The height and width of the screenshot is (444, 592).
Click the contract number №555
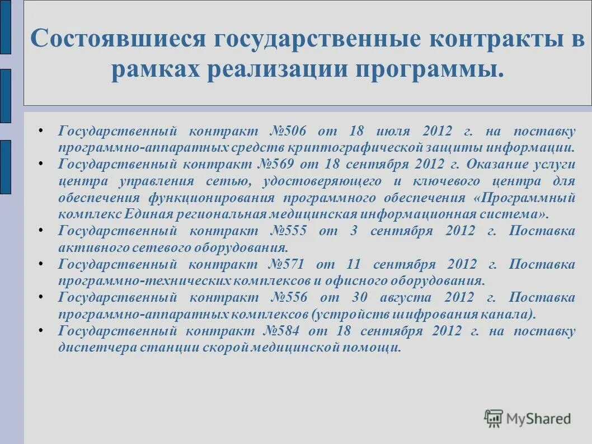coord(289,231)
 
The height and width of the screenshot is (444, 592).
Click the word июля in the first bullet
coord(393,132)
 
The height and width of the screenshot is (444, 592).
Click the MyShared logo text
coord(538,418)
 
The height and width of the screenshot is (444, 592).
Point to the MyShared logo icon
coord(494,418)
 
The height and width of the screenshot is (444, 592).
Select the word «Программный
coord(524,198)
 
